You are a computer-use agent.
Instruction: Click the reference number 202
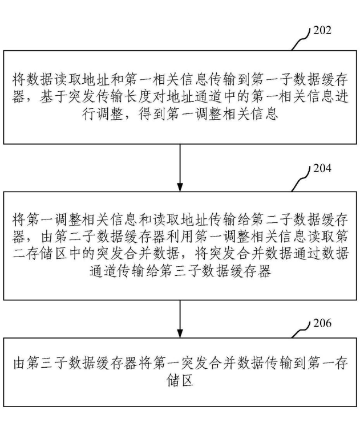coord(322,30)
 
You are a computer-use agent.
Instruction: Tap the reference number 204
coord(322,169)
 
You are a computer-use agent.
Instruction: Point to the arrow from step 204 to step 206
coord(180,319)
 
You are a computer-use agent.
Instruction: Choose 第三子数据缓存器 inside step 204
coord(221,273)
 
